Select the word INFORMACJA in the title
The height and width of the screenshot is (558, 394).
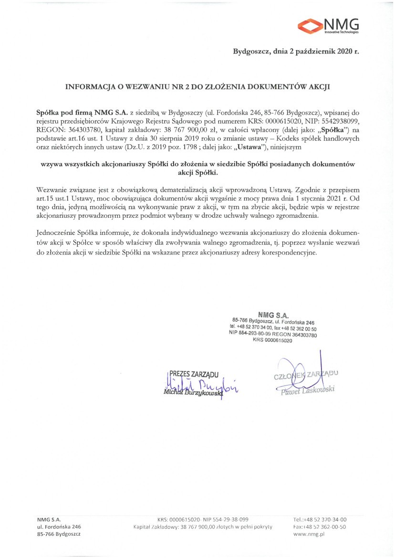[x=89, y=87]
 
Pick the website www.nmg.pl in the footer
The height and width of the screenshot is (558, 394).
[x=309, y=535]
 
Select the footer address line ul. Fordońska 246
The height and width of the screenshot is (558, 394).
[x=59, y=527]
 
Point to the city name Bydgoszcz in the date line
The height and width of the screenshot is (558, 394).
[x=251, y=51]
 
